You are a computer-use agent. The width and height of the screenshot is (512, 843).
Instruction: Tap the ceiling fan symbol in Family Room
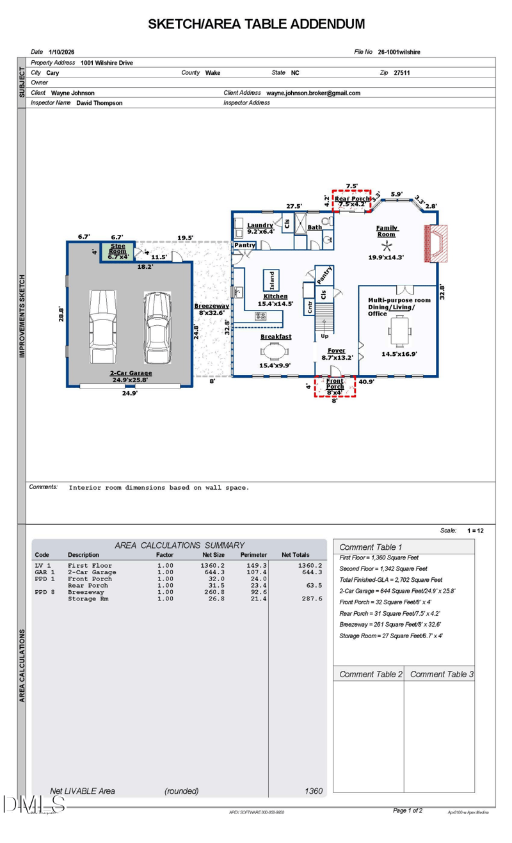point(386,246)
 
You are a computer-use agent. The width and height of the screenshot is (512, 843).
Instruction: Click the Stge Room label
point(117,251)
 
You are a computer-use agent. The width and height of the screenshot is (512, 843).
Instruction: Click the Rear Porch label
point(352,199)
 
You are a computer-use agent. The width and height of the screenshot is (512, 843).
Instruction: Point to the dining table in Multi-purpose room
point(400,332)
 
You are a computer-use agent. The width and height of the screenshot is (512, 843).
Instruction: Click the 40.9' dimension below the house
point(366,382)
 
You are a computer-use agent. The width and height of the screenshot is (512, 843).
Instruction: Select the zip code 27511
point(401,73)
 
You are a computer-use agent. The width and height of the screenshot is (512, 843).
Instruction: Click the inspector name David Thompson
point(99,102)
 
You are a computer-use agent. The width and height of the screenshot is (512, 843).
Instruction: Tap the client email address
point(313,93)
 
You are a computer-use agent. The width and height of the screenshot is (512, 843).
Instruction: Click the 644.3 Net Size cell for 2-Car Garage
point(212,572)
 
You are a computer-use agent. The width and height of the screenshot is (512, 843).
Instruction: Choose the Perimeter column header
point(253,555)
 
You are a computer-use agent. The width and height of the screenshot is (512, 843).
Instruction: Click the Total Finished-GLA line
point(390,579)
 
